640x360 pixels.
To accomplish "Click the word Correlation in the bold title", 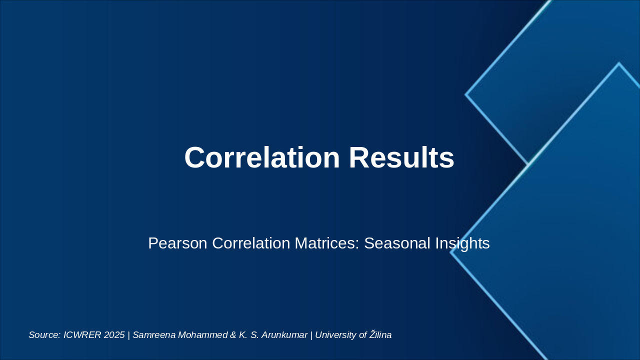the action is point(262,157).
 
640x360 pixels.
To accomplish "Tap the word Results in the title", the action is point(401,157).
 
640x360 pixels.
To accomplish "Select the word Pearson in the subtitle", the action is point(177,243).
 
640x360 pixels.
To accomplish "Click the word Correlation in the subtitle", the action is point(251,243).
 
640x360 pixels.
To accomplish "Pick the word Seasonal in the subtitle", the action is point(397,243).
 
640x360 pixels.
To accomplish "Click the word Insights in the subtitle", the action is point(462,243).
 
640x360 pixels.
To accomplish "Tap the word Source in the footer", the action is point(44,335).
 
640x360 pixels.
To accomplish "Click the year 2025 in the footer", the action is point(114,335).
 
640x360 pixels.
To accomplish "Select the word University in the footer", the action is point(336,335).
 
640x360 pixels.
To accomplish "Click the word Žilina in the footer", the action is point(380,334).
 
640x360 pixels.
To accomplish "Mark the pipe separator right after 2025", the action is point(129,335).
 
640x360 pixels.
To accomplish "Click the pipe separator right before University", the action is point(311,335).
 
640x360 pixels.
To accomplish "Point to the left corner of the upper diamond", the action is point(465,94).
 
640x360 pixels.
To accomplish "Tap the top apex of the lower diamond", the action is point(619,63).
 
